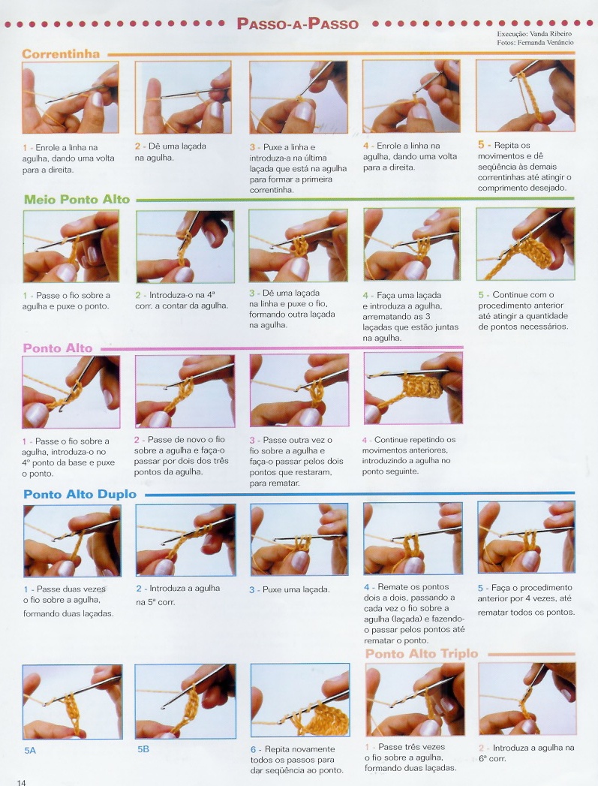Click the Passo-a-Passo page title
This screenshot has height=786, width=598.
[297, 23]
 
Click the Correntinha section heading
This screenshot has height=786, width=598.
[61, 53]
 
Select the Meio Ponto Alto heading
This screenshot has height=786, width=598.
[77, 199]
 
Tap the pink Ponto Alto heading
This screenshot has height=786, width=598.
[58, 348]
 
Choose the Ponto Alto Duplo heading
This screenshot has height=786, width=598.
[80, 494]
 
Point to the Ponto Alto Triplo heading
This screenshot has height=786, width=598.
[421, 654]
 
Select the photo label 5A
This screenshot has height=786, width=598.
[30, 751]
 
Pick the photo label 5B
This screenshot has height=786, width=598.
[143, 749]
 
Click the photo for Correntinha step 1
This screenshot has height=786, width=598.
[70, 98]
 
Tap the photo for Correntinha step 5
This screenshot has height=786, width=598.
[525, 95]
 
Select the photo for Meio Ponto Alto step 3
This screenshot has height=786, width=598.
[299, 245]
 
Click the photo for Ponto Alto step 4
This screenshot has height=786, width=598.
[413, 388]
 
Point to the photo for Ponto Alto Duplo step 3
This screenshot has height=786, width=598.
[299, 539]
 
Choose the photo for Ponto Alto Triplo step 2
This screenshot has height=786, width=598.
[527, 699]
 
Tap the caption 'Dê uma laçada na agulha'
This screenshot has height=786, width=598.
[170, 152]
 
